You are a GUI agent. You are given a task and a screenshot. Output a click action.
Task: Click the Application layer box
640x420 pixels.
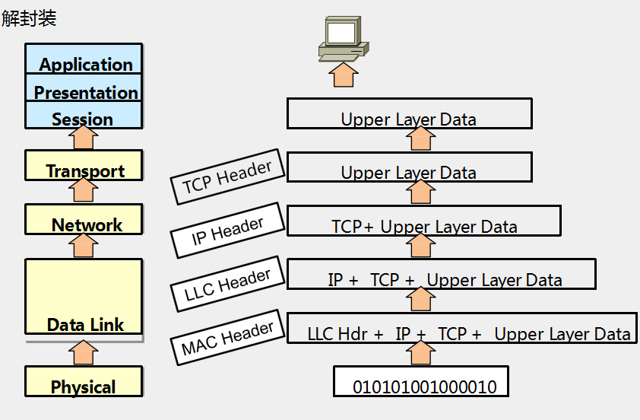pyautogui.click(x=84, y=60)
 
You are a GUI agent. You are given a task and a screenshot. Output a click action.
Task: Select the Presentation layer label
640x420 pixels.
pyautogui.click(x=86, y=93)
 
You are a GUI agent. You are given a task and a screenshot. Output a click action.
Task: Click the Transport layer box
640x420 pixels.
pyautogui.click(x=84, y=167)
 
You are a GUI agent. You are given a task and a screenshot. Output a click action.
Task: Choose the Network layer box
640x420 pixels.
pyautogui.click(x=84, y=220)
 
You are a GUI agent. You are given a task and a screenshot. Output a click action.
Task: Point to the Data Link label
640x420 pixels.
pyautogui.click(x=85, y=325)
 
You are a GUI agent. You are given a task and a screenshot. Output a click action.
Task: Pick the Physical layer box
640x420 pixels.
pyautogui.click(x=84, y=382)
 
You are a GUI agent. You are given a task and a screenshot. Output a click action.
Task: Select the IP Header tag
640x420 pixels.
pyautogui.click(x=227, y=231)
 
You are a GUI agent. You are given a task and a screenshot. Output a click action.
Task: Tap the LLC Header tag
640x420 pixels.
pyautogui.click(x=227, y=284)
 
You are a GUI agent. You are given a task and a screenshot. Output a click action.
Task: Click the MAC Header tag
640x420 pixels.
pyautogui.click(x=227, y=339)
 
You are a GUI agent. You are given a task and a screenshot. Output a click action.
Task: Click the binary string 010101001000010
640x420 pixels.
pyautogui.click(x=424, y=387)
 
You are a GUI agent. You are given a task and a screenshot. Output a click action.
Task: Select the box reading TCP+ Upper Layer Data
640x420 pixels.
pyautogui.click(x=424, y=226)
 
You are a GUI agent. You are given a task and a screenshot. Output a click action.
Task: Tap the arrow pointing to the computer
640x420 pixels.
pyautogui.click(x=344, y=75)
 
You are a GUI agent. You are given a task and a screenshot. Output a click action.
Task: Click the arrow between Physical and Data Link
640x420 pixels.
pyautogui.click(x=83, y=353)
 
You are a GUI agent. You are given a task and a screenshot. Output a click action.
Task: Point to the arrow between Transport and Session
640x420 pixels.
pyautogui.click(x=83, y=138)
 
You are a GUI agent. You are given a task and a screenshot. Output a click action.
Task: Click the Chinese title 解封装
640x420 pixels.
pyautogui.click(x=29, y=18)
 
